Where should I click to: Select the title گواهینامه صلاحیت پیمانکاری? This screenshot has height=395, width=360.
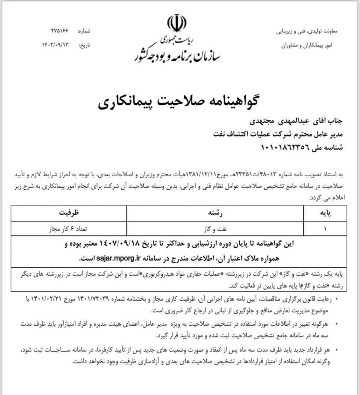pyautogui.click(x=180, y=103)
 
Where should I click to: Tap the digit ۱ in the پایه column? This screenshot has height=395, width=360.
pyautogui.click(x=325, y=228)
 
